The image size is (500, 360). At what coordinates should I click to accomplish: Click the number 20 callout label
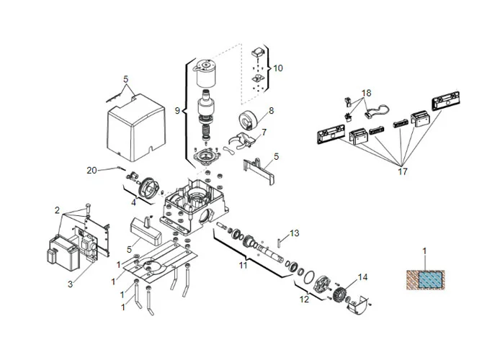(x=91, y=170)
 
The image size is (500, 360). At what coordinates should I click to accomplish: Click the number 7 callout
(x=264, y=132)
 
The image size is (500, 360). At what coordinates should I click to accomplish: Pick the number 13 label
(x=294, y=233)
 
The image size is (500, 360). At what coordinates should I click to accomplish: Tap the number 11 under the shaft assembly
(x=243, y=266)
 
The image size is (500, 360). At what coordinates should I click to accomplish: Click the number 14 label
(x=362, y=276)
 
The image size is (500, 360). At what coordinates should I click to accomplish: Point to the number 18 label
(x=367, y=94)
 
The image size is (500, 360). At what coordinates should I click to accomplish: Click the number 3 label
(x=70, y=284)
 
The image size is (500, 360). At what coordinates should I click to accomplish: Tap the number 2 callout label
(x=57, y=210)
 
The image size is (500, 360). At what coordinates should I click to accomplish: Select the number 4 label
(x=133, y=202)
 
